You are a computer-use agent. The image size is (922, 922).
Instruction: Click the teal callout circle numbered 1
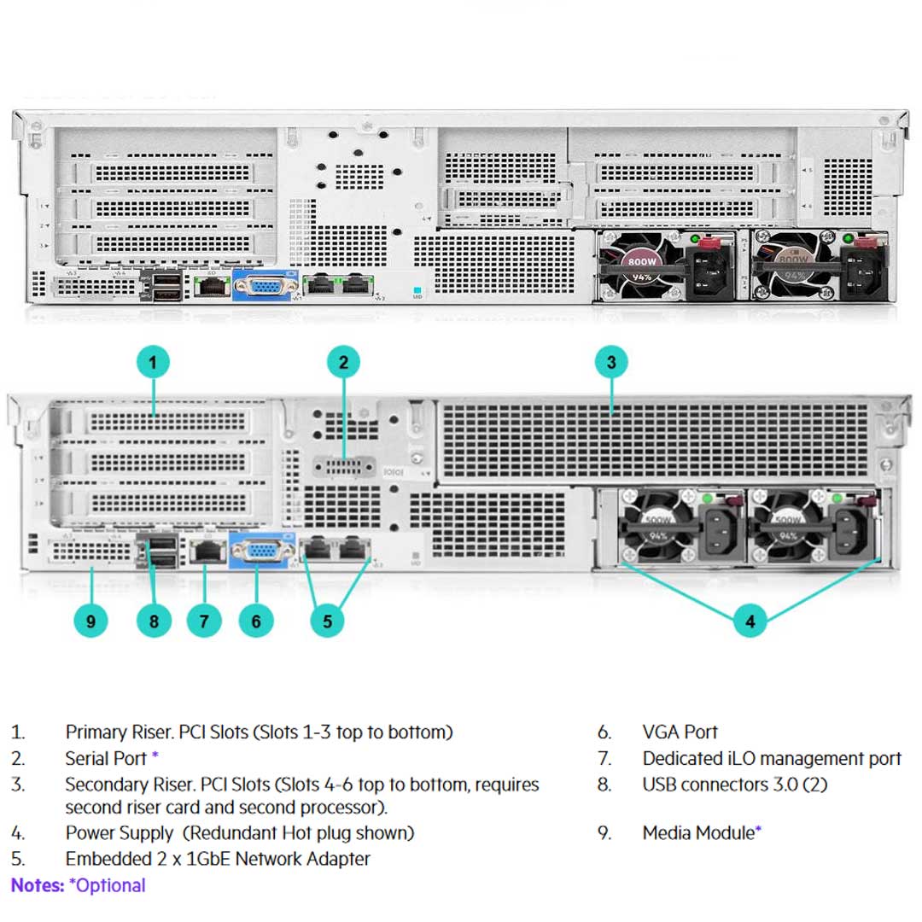[153, 363]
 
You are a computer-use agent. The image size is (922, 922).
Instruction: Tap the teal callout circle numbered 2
[343, 363]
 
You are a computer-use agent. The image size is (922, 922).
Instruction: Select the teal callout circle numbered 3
[611, 363]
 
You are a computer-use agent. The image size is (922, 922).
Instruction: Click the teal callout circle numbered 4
[750, 621]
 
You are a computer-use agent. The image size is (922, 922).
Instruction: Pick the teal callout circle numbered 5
[327, 621]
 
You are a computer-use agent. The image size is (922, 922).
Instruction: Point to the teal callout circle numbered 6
[256, 621]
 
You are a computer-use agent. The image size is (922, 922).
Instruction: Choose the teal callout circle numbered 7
[203, 621]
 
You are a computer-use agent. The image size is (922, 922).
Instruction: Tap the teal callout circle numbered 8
[154, 621]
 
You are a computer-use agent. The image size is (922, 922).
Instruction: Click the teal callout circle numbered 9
[91, 621]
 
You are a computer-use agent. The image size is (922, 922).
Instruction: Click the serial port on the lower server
[344, 467]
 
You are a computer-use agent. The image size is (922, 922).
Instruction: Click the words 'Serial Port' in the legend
[106, 758]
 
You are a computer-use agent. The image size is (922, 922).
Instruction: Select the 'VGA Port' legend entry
[680, 732]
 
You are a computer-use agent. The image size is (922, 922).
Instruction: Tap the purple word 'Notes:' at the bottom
[38, 885]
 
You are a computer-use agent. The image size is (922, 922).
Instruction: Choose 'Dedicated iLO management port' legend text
[772, 758]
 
